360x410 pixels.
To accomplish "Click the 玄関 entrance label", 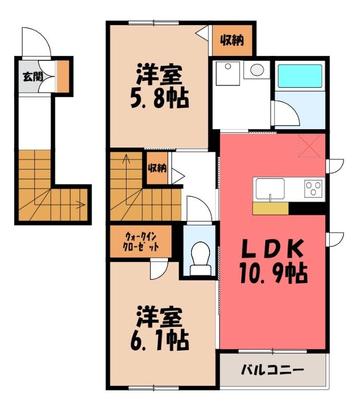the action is click(33, 76).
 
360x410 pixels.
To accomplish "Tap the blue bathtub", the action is click(300, 76).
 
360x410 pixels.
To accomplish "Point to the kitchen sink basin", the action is click(270, 189).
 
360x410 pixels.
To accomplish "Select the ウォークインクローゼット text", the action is click(140, 241).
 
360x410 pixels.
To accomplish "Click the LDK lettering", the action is click(272, 249).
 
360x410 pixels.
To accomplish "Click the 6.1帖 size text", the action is click(159, 341).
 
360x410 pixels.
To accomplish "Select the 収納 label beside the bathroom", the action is click(232, 40).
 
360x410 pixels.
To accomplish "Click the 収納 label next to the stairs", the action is click(157, 168).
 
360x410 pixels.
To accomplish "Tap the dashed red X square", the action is click(310, 146).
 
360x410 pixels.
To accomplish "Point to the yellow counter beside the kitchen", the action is click(271, 209).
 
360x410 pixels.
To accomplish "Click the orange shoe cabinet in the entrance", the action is click(63, 76).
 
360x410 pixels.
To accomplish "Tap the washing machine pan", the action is click(228, 73).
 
